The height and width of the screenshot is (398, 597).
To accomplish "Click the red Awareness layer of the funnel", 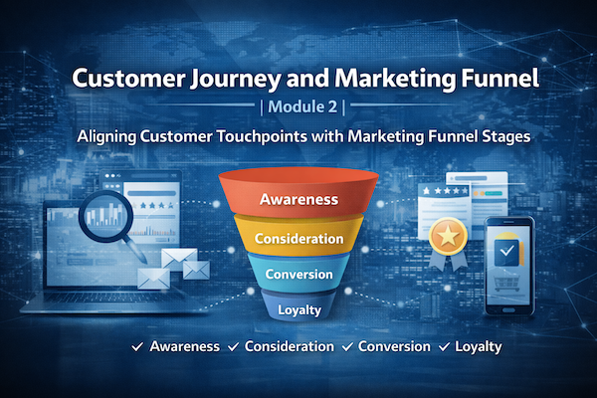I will tap(298, 198).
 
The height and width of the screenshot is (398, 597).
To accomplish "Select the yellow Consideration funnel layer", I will tap(298, 239).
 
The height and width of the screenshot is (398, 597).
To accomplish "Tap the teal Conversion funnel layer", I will tap(298, 276).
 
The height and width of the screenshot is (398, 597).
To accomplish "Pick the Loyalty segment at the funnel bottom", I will tap(298, 310).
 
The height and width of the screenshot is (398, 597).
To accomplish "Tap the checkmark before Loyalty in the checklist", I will tap(442, 347).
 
